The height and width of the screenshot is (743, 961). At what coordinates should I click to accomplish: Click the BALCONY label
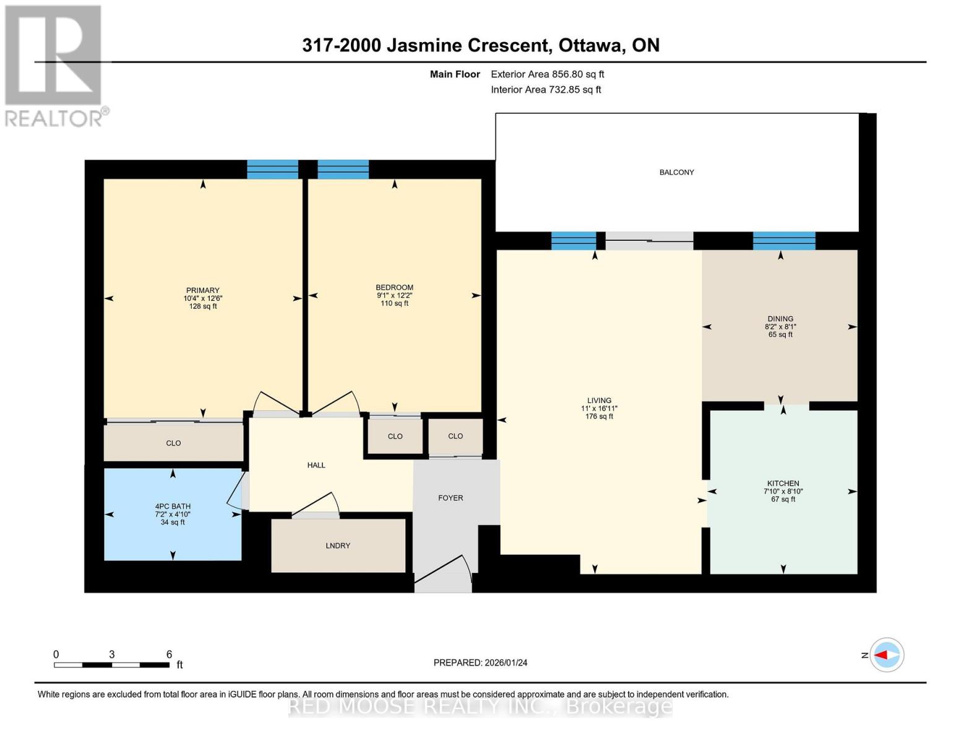tap(676, 172)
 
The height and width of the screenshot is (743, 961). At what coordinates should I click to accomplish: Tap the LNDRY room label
tap(338, 545)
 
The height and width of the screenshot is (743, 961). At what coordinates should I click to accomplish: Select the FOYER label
tap(450, 498)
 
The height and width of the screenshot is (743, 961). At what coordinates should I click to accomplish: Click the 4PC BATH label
tap(173, 506)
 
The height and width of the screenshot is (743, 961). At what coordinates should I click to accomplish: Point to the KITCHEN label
tap(783, 484)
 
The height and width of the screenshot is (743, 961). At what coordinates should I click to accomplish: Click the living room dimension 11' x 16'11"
tap(599, 409)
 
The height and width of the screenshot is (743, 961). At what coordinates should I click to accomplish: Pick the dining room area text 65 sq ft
tap(780, 335)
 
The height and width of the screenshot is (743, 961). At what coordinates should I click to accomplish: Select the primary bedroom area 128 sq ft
tap(203, 306)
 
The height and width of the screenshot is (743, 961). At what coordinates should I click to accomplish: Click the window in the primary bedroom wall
tap(272, 169)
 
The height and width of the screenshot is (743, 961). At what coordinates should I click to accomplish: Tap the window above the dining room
tap(784, 240)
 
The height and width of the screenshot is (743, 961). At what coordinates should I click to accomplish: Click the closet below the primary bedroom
tap(173, 443)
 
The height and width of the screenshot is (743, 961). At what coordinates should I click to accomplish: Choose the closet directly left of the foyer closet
tap(395, 437)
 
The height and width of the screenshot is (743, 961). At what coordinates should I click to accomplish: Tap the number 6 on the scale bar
tap(169, 654)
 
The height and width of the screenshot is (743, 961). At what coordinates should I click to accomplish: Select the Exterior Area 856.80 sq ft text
tap(547, 74)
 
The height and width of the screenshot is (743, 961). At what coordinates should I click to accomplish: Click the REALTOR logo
tap(54, 66)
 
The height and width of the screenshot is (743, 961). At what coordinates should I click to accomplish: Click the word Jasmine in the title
tap(467, 45)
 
